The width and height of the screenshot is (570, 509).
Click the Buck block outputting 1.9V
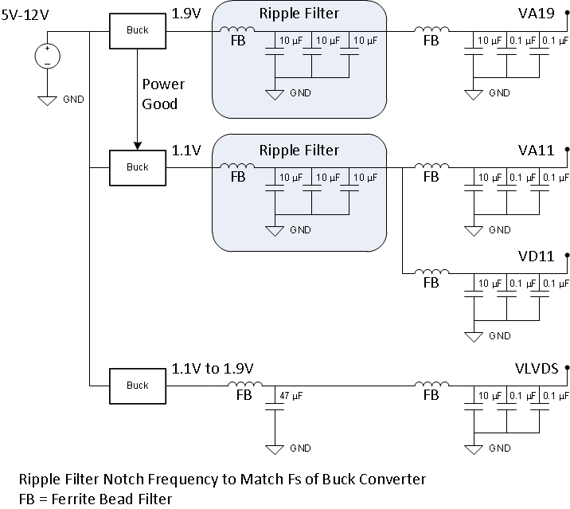click(137, 30)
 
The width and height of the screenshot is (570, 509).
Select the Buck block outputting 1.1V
click(137, 167)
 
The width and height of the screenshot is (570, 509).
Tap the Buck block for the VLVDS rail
click(137, 385)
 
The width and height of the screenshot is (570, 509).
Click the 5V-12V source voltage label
click(29, 14)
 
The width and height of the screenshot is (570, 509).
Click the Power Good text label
click(164, 93)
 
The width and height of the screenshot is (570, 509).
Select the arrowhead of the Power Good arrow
click(137, 146)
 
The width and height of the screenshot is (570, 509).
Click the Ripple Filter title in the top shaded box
click(299, 14)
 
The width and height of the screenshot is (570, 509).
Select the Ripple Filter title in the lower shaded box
click(299, 150)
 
